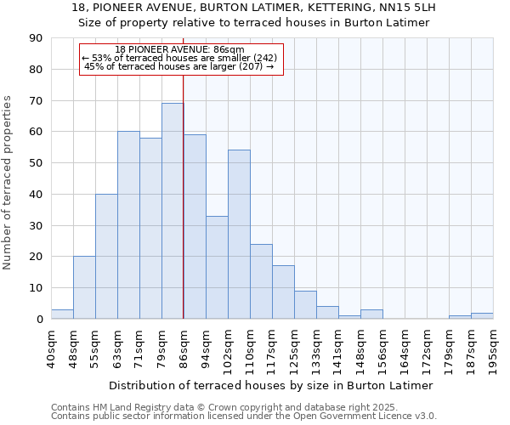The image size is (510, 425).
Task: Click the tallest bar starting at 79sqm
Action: (x=173, y=211)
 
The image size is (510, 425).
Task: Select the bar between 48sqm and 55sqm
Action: (x=84, y=287)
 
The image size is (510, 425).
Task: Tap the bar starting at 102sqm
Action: (x=239, y=235)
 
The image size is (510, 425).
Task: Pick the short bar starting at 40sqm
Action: (x=62, y=314)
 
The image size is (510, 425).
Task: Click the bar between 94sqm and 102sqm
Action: (x=217, y=267)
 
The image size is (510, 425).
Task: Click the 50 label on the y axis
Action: (x=38, y=163)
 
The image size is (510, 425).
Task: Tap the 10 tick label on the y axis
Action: (x=38, y=288)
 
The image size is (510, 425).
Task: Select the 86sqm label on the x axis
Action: (x=184, y=346)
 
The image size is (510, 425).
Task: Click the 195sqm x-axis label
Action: (x=493, y=349)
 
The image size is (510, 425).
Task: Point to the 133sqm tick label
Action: (x=316, y=349)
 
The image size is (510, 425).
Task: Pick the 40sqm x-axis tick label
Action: (x=51, y=346)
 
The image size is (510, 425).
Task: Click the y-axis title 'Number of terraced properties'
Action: (x=8, y=183)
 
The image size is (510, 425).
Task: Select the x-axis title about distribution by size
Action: (x=272, y=385)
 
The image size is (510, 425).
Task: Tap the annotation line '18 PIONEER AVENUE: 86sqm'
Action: (x=179, y=49)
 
